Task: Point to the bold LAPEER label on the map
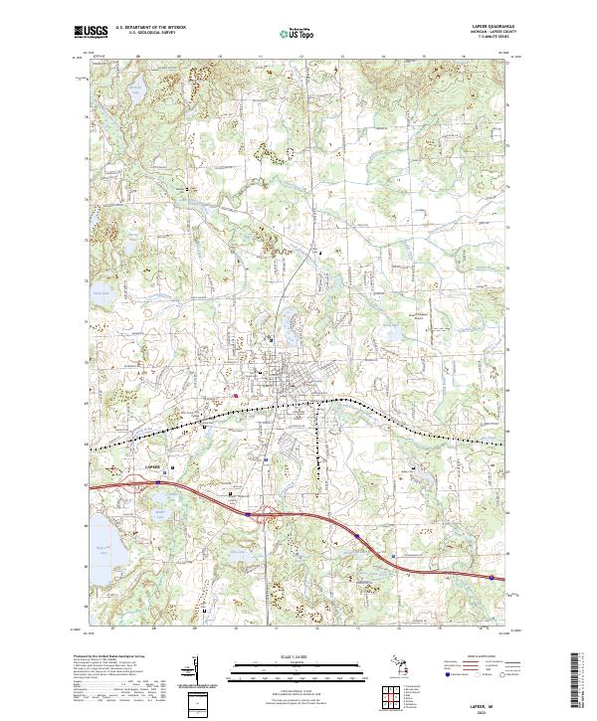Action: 151,463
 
